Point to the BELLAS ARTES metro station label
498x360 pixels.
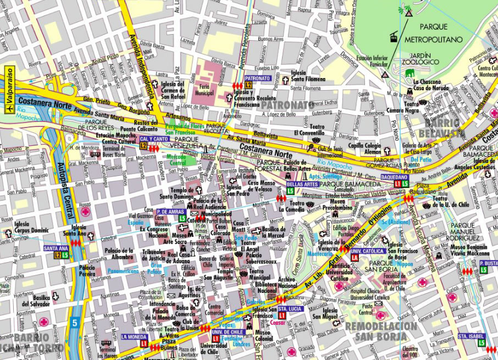coord(298,184)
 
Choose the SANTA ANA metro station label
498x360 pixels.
coord(56,248)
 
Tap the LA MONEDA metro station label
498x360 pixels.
coord(134,336)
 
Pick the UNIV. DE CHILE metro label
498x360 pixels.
coord(225,332)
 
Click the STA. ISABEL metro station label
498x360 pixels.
coord(471,335)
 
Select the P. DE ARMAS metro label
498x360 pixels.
coord(169,211)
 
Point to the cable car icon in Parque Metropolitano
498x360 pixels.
coord(394,37)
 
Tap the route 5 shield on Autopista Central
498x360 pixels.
coord(75,323)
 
